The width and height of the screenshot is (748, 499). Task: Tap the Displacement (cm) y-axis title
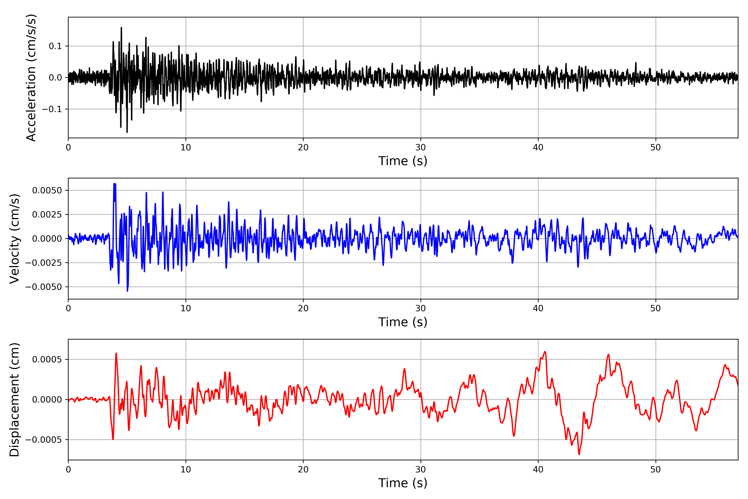(x=14, y=399)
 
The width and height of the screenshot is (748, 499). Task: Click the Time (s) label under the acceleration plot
(x=403, y=161)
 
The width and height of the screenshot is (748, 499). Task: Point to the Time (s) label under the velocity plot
(x=403, y=322)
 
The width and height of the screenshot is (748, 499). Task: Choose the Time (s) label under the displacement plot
(x=403, y=483)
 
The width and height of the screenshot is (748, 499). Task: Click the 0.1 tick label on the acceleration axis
(x=55, y=46)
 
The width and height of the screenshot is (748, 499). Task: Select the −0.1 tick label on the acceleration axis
(x=52, y=109)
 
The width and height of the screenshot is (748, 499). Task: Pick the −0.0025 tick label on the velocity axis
(x=44, y=263)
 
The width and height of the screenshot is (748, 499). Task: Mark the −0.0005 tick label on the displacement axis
(x=44, y=440)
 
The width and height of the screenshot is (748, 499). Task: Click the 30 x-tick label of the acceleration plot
(x=420, y=148)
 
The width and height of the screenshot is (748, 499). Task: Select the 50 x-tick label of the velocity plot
(x=656, y=308)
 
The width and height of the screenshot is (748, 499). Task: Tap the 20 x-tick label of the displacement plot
(x=303, y=469)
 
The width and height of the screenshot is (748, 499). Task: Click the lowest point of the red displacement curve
(x=579, y=454)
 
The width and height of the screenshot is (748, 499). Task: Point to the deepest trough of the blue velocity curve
(x=128, y=291)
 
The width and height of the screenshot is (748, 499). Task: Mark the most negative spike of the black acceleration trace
(x=127, y=132)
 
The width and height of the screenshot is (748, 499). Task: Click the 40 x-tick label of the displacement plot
(x=538, y=469)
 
